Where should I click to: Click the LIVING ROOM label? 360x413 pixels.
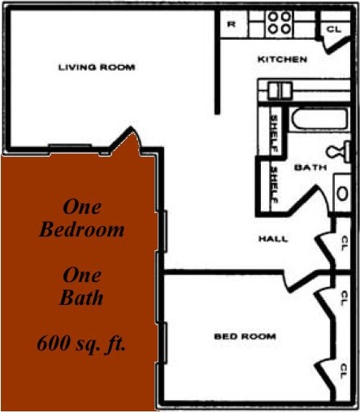point(97,67)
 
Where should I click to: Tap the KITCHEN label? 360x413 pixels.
point(282,59)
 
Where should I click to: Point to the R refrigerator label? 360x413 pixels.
point(232,24)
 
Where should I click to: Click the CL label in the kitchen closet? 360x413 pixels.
point(333,29)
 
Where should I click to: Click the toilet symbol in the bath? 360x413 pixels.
point(340,150)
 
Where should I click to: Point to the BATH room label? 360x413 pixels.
point(309,167)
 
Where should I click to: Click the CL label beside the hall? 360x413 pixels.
point(345,242)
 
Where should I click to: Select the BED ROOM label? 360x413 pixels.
point(245,336)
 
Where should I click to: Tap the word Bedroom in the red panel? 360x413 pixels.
point(82,229)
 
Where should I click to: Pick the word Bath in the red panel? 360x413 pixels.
point(82,298)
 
